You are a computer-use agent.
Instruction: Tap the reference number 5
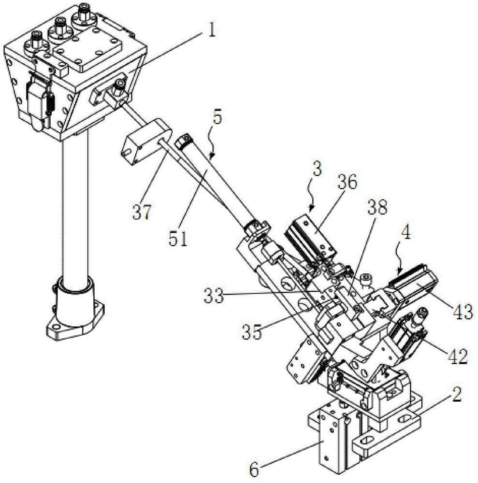217,118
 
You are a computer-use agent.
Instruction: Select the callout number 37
143,213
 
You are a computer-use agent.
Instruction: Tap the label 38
377,208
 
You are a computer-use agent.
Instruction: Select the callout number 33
213,297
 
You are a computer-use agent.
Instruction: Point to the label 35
252,332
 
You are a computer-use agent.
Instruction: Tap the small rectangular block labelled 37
147,141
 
